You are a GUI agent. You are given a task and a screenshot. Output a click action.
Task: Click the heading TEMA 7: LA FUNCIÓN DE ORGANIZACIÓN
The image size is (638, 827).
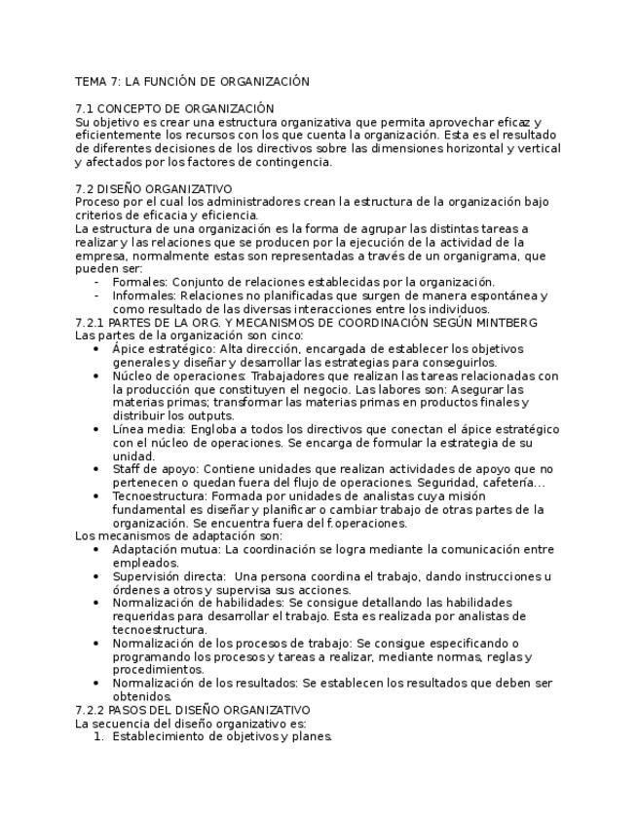192,82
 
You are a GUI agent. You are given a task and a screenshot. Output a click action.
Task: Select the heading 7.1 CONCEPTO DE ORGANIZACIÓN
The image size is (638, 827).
174,108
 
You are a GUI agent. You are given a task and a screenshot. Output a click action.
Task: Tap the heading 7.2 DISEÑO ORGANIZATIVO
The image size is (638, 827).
153,189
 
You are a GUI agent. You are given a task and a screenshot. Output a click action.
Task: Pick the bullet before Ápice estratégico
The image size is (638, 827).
95,349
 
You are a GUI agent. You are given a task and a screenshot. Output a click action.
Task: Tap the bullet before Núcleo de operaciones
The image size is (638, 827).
95,376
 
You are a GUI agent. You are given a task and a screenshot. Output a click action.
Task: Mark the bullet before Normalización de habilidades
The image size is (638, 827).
95,603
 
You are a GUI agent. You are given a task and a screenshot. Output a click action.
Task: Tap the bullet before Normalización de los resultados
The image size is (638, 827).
95,684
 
